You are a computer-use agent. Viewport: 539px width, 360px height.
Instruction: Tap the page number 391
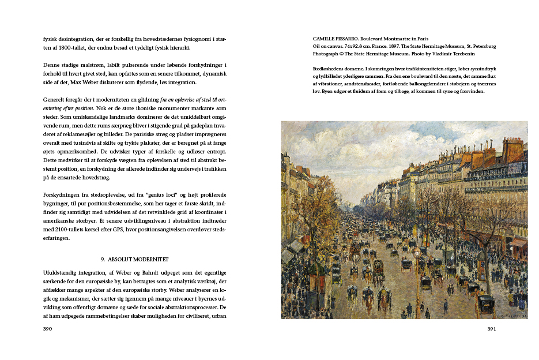[x=491, y=329]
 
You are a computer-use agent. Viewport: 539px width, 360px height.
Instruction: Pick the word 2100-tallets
[x=74, y=228]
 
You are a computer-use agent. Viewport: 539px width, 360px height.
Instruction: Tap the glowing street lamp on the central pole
[x=417, y=253]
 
